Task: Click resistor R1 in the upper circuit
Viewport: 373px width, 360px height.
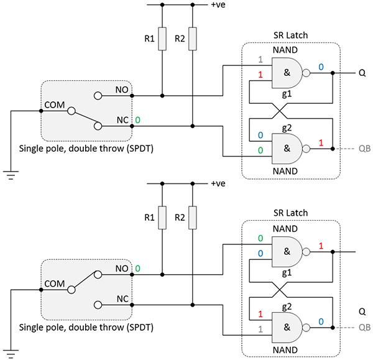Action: [162, 39]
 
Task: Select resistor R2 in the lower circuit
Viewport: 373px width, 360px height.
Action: [193, 218]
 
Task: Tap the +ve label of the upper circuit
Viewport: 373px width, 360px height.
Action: [218, 6]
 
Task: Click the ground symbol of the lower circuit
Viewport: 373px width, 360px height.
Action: [11, 353]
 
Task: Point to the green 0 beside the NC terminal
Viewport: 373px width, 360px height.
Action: [137, 119]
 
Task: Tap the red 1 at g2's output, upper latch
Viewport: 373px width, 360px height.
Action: [321, 144]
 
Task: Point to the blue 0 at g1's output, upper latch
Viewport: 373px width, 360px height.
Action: [321, 67]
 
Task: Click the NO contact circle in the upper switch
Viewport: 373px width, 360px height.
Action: [97, 96]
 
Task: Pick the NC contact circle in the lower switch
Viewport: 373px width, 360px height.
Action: [97, 305]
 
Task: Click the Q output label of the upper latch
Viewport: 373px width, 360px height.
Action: [362, 73]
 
